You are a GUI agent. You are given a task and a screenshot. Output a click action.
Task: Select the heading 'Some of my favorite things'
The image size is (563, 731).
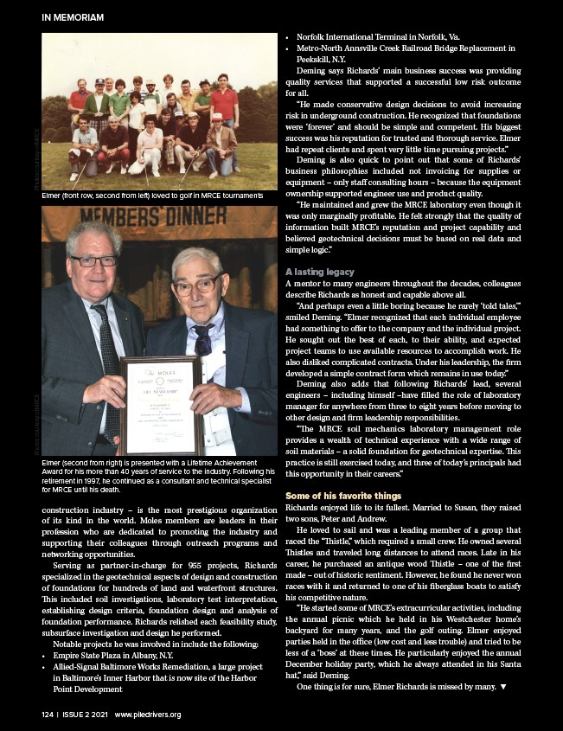[x=342, y=495]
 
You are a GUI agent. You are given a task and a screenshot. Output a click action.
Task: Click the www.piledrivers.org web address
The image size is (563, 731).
[x=147, y=715]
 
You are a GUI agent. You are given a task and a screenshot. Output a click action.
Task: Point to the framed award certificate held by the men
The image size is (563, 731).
[x=161, y=404]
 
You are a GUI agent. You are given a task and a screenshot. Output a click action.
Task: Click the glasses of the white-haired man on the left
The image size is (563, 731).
[x=93, y=260]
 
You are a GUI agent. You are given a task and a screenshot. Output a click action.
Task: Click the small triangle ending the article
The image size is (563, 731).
[x=503, y=687]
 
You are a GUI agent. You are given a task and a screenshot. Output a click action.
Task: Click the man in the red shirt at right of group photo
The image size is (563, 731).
[x=224, y=106]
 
